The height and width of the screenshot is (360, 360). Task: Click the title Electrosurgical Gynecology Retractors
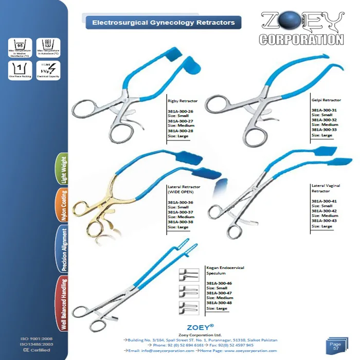click(163, 23)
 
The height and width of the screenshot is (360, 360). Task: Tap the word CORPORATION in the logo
click(301, 39)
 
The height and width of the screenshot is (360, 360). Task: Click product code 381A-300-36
click(181, 202)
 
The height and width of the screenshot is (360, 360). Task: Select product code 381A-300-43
click(324, 221)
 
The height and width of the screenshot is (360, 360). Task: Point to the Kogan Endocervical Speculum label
click(225, 271)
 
